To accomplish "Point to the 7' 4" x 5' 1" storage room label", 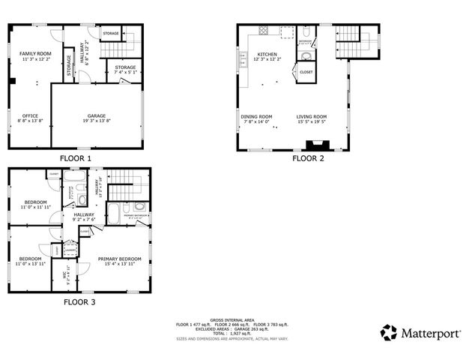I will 125,70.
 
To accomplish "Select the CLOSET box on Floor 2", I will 306,73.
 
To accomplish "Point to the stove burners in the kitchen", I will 263,31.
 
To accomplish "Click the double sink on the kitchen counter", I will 243,61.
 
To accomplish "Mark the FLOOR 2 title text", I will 308,159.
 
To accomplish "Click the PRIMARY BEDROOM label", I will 120,261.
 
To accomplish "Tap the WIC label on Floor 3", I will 66,274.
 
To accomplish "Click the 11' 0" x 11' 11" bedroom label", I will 35,204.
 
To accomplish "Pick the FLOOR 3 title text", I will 79,302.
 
